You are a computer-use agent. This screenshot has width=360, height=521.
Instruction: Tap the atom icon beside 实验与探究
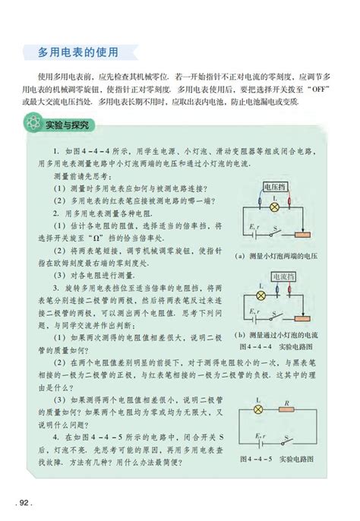(x=33, y=122)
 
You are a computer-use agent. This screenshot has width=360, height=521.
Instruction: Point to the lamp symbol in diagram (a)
(x=277, y=207)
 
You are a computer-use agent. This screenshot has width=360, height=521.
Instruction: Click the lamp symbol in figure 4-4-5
(x=258, y=409)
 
